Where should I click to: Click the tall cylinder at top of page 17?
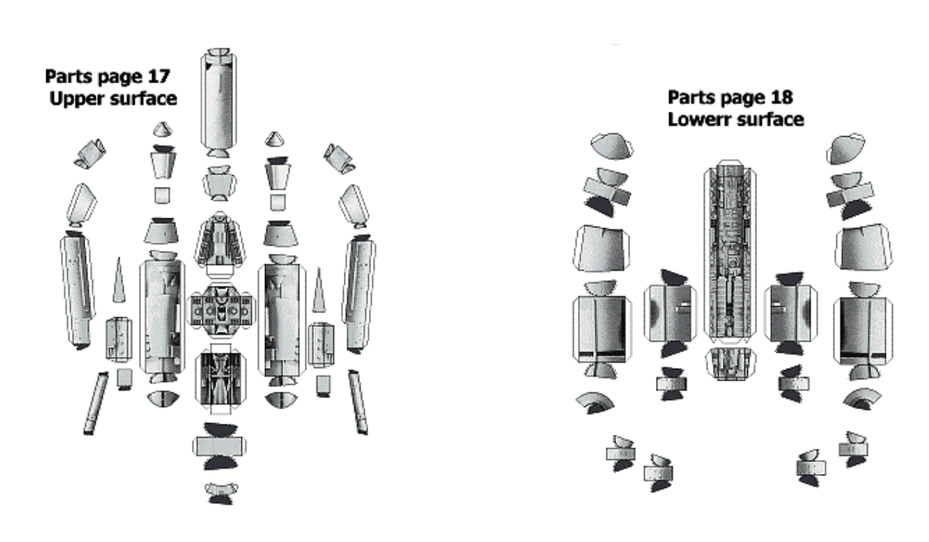(x=219, y=102)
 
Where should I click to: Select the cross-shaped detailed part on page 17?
(x=220, y=310)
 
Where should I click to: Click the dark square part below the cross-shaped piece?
(x=220, y=379)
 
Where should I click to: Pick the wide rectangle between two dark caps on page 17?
(x=220, y=446)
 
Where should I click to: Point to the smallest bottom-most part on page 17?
(x=221, y=493)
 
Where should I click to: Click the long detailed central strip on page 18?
(x=730, y=252)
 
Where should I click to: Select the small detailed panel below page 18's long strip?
(x=730, y=364)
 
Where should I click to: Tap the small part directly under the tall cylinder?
(x=220, y=183)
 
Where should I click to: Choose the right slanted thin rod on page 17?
(x=358, y=402)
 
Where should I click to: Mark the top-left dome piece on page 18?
(x=612, y=146)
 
